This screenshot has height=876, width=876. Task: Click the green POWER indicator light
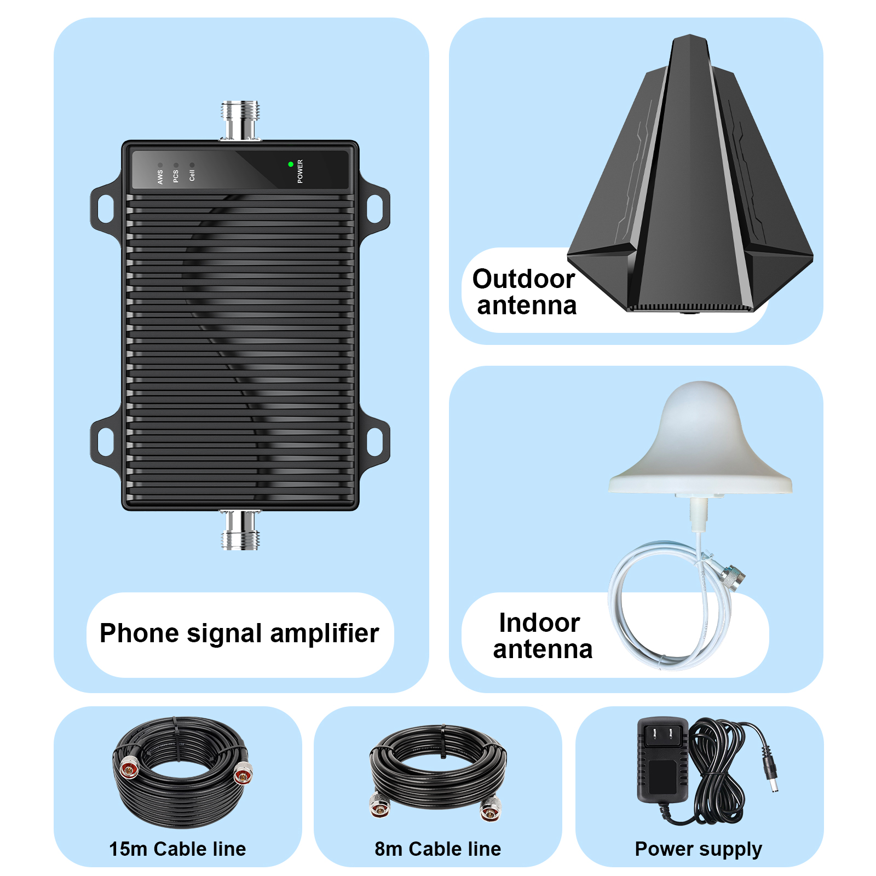coord(291,164)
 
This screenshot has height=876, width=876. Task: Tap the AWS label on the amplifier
coord(160,177)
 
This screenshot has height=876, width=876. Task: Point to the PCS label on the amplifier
coord(176,176)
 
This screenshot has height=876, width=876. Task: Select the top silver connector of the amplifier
coord(240,120)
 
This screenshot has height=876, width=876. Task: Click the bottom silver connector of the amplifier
coord(240,530)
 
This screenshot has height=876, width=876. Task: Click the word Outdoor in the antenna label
coord(523,279)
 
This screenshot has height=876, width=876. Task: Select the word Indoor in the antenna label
coord(539,623)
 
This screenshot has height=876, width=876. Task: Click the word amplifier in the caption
coord(324,634)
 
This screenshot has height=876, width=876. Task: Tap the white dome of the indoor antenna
coord(700,438)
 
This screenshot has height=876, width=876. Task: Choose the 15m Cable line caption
coord(177,849)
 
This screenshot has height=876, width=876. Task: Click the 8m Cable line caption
coord(438,849)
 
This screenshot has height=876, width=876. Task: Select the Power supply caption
coord(699,849)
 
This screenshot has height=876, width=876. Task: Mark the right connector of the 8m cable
coord(491,810)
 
